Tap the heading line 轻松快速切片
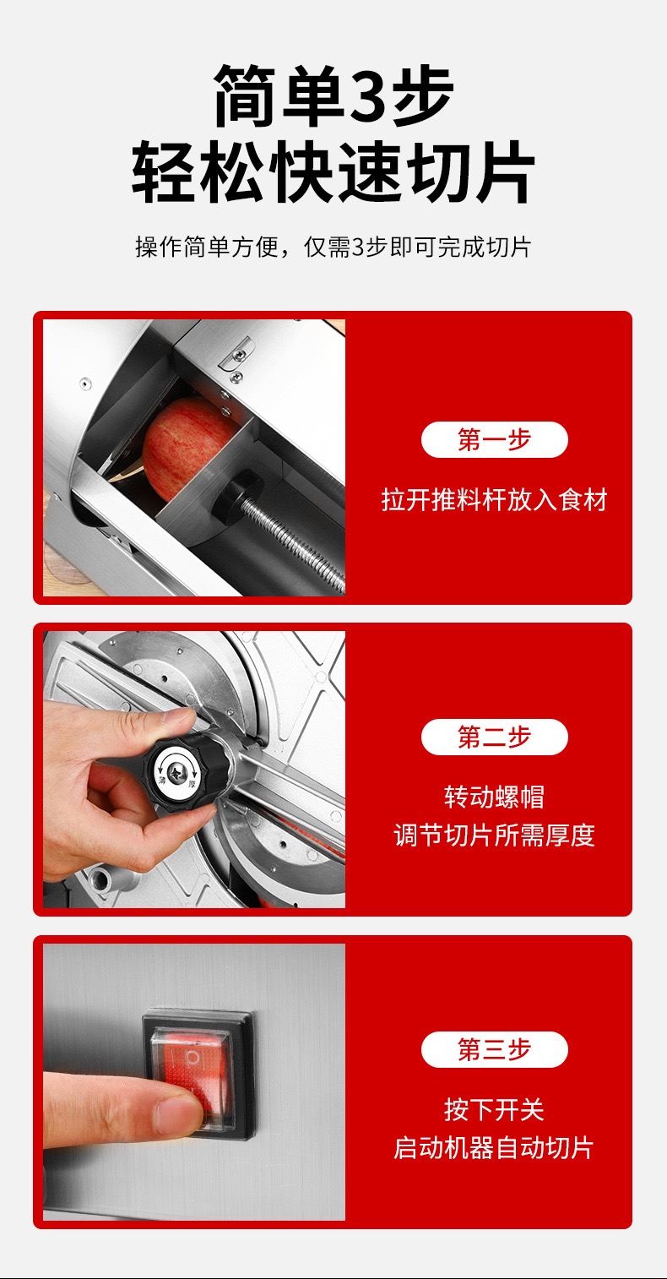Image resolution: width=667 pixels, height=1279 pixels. point(333,174)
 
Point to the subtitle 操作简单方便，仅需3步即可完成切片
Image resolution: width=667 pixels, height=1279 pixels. point(333,248)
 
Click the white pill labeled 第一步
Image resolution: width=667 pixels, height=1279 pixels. point(494,440)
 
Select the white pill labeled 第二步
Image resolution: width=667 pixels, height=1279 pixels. point(494,737)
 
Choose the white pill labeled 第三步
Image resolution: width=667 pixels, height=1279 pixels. point(494,1049)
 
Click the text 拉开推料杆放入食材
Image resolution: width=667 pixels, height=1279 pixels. point(494,500)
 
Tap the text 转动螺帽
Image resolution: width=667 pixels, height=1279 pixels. point(494,797)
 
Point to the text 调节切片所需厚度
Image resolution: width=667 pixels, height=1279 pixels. point(494,835)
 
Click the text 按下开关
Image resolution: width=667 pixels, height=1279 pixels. point(494,1109)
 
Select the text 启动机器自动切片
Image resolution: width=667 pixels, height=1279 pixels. point(494,1148)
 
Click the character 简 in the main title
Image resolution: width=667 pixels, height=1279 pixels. point(246,95)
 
